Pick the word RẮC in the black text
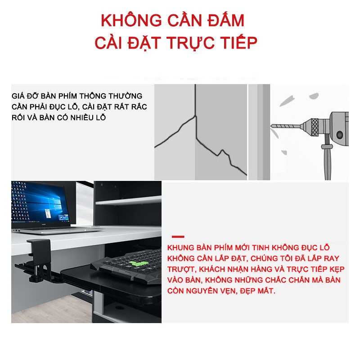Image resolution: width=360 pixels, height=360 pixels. (x=139, y=107)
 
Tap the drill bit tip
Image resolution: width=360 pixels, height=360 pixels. (x=272, y=126)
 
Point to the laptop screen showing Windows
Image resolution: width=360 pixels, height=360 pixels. (x=40, y=202)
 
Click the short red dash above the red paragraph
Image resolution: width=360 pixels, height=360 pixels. (x=178, y=237)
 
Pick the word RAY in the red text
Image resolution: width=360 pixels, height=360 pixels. (x=332, y=258)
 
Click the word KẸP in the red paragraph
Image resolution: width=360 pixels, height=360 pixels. (x=337, y=270)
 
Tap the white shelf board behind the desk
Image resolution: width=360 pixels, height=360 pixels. (x=128, y=200)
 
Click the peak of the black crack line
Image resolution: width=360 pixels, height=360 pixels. (x=196, y=116)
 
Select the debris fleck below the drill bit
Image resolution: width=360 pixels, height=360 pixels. (x=284, y=152)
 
